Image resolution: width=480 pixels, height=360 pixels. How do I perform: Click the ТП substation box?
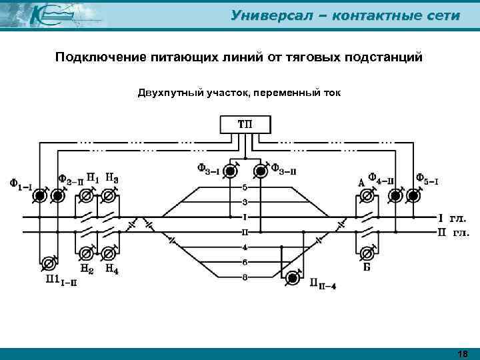point(245,124)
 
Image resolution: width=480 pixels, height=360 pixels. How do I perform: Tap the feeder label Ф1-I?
point(19,182)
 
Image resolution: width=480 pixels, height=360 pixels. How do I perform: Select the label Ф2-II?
point(71,179)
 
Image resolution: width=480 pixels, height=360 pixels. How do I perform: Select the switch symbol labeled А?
point(366,195)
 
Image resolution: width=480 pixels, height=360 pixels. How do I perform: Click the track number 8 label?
point(245,277)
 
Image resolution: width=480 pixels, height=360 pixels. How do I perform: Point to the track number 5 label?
point(245,187)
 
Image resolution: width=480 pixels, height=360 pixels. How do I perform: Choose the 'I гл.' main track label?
point(452,217)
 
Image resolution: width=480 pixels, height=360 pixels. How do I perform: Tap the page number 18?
point(463,353)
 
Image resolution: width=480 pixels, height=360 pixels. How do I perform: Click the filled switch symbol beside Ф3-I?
point(230,171)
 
